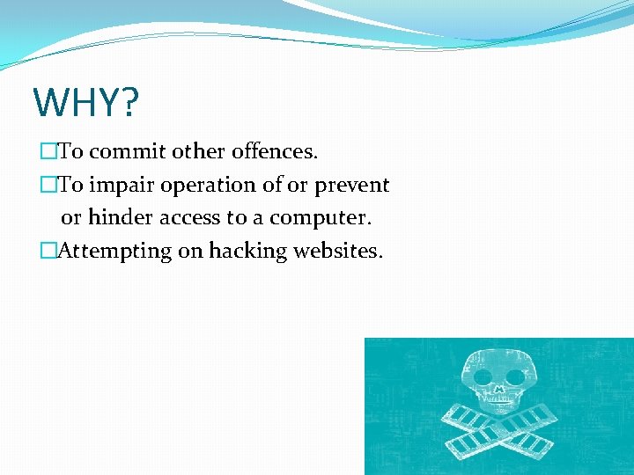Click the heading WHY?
[x=85, y=103]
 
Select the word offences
[x=275, y=151]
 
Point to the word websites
[x=338, y=251]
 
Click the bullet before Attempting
[x=48, y=252]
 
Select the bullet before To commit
[x=48, y=152]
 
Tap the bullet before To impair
[x=48, y=186]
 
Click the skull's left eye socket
[x=484, y=376]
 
